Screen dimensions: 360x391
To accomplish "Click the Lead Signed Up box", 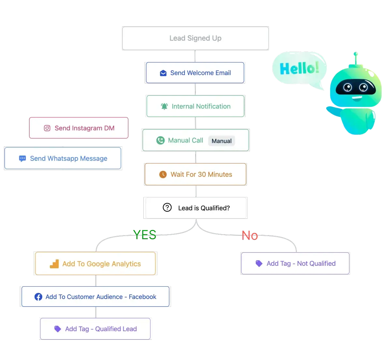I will click(195, 38).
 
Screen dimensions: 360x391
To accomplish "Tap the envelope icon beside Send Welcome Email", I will click(163, 73).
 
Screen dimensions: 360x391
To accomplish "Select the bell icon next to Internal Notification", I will click(165, 106).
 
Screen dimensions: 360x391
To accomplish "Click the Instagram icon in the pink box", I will click(47, 128).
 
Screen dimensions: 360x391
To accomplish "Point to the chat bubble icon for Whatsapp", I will click(22, 159).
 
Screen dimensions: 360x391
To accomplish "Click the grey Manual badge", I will click(222, 141).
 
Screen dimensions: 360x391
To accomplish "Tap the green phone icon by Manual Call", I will click(160, 141).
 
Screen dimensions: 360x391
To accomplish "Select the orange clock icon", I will click(163, 174).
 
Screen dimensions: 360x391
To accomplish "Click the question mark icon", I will click(167, 207).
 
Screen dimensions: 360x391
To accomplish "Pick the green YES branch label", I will click(145, 235).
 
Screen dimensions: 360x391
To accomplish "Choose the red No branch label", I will click(250, 235).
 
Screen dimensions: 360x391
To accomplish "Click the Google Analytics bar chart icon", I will click(54, 264).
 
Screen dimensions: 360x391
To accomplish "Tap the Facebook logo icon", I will click(38, 297).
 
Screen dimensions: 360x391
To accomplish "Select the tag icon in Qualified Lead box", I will click(58, 329).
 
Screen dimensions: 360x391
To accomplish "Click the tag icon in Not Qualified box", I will click(259, 263).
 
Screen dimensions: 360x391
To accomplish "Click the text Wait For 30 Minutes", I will click(201, 174).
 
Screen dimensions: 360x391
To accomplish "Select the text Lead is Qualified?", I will click(204, 208).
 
